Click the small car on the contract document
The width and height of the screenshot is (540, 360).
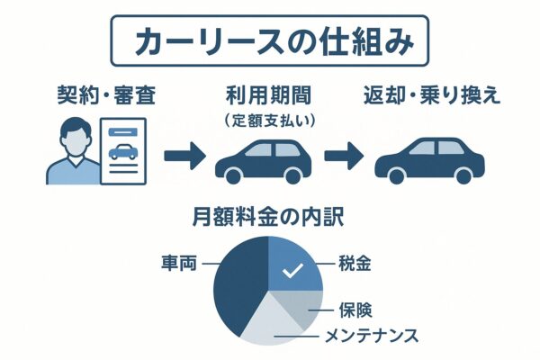[x=122, y=152]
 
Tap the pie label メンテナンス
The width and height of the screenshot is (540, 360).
[x=369, y=337]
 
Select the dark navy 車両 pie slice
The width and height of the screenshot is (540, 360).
[x=238, y=283]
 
